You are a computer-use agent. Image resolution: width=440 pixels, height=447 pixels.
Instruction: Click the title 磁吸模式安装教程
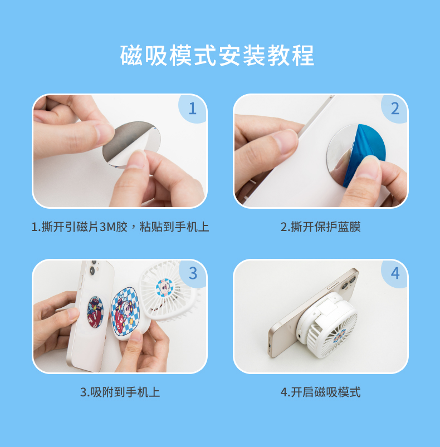pos(217,55)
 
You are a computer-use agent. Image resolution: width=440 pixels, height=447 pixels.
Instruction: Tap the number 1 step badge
pos(192,109)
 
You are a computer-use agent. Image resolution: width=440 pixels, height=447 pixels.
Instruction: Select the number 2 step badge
pos(395,109)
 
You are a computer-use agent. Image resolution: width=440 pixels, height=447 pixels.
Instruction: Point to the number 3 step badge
pos(193,274)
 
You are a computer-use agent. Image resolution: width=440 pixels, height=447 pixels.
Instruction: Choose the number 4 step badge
pos(395,274)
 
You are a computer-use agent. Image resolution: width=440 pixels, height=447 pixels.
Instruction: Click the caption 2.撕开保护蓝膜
pos(320,227)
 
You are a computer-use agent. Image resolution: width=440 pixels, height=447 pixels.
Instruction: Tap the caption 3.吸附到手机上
pos(120,392)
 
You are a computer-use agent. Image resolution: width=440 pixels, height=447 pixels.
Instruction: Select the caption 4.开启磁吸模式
pos(320,392)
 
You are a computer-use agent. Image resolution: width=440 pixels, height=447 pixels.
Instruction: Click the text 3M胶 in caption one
pos(114,227)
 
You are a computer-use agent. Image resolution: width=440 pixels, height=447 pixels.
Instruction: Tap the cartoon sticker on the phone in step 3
pos(95,312)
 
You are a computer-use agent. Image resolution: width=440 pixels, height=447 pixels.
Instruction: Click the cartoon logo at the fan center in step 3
pos(164,288)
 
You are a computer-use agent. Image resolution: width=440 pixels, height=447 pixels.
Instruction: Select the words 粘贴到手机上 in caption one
pos(174,227)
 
